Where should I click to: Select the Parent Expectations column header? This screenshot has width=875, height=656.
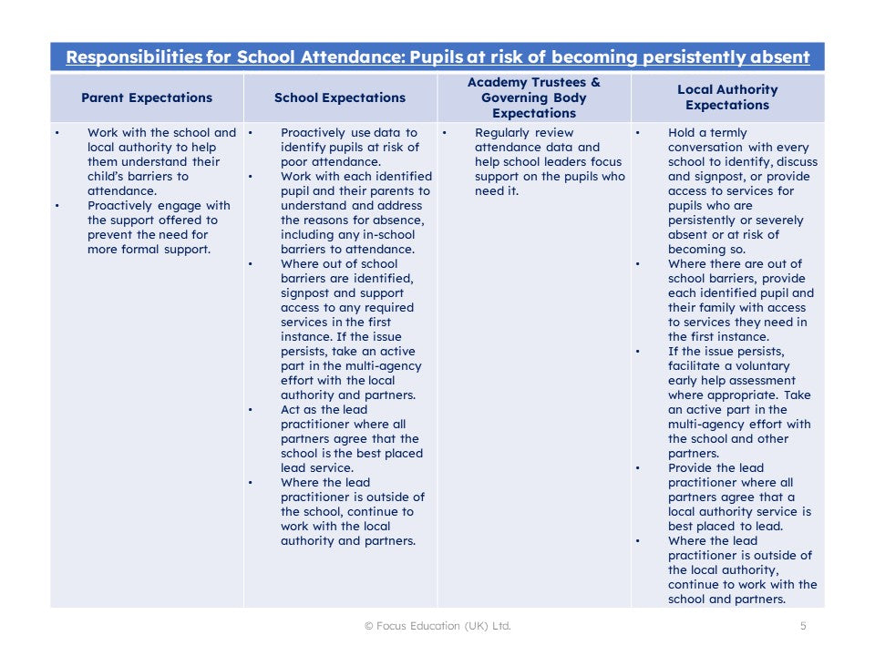click(x=147, y=97)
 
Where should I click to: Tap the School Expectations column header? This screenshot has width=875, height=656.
click(x=340, y=97)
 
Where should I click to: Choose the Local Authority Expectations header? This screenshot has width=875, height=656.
click(x=727, y=97)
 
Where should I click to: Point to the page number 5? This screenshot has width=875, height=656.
click(x=803, y=626)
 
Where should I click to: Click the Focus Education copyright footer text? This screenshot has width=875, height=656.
click(x=437, y=626)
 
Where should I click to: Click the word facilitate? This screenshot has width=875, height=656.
click(x=695, y=366)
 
